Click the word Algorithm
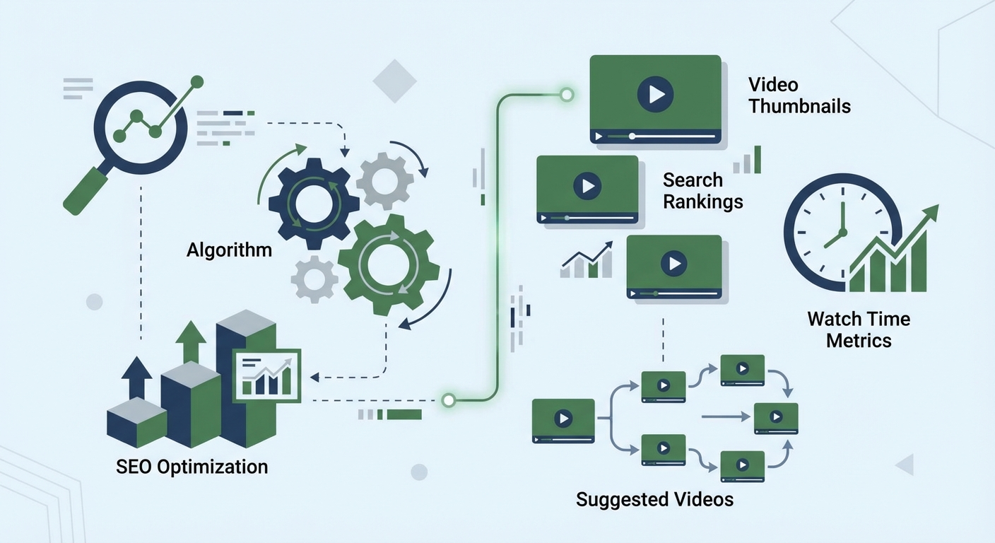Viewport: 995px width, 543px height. point(229,250)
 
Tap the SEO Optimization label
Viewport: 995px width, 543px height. point(192,467)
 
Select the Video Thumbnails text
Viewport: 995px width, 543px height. point(799,95)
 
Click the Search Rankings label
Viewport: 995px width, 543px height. point(702,191)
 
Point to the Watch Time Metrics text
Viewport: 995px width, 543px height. point(859,329)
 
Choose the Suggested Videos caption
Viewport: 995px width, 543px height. point(654,499)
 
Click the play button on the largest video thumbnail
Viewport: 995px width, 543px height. point(654,94)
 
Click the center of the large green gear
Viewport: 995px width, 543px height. point(388,266)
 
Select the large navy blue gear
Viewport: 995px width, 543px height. point(314,204)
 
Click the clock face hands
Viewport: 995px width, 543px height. point(838,230)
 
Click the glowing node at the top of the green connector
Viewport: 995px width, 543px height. point(566,94)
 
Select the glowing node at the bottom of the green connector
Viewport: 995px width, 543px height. point(447,401)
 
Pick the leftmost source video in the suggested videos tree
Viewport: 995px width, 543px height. point(563,420)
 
